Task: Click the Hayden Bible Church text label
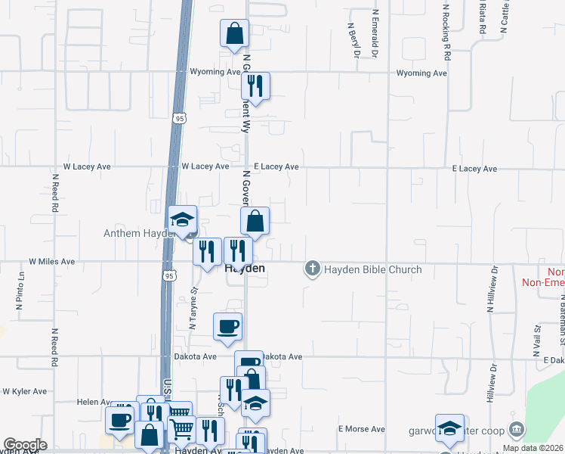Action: pos(373,269)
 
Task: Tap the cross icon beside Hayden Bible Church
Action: pos(312,269)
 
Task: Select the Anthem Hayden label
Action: pos(134,234)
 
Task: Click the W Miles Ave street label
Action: pos(52,261)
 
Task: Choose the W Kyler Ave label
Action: pos(24,392)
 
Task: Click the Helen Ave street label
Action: pos(94,402)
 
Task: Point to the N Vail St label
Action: pos(538,339)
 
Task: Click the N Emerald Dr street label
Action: pos(375,35)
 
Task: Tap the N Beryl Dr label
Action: pos(350,39)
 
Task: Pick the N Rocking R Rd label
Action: pos(447,32)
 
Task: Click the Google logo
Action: pos(24,445)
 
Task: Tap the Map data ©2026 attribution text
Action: pos(533,448)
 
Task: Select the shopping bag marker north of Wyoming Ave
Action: pos(234,34)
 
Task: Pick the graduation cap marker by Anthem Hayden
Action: pos(181,219)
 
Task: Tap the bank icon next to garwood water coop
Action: pos(517,430)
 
